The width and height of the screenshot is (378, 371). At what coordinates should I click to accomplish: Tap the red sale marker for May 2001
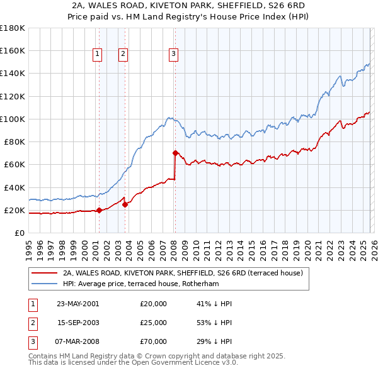pos(99,211)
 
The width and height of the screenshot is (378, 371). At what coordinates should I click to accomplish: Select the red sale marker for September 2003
pos(125,204)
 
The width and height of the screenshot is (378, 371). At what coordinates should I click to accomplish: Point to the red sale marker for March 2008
pos(175,153)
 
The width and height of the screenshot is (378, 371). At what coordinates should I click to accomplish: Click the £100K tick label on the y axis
pos(13,119)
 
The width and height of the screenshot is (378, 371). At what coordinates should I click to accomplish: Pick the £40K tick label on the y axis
pos(14,187)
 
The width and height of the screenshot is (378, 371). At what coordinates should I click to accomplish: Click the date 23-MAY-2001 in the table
pos(78,304)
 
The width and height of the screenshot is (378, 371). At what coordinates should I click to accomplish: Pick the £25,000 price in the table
pos(154,323)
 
